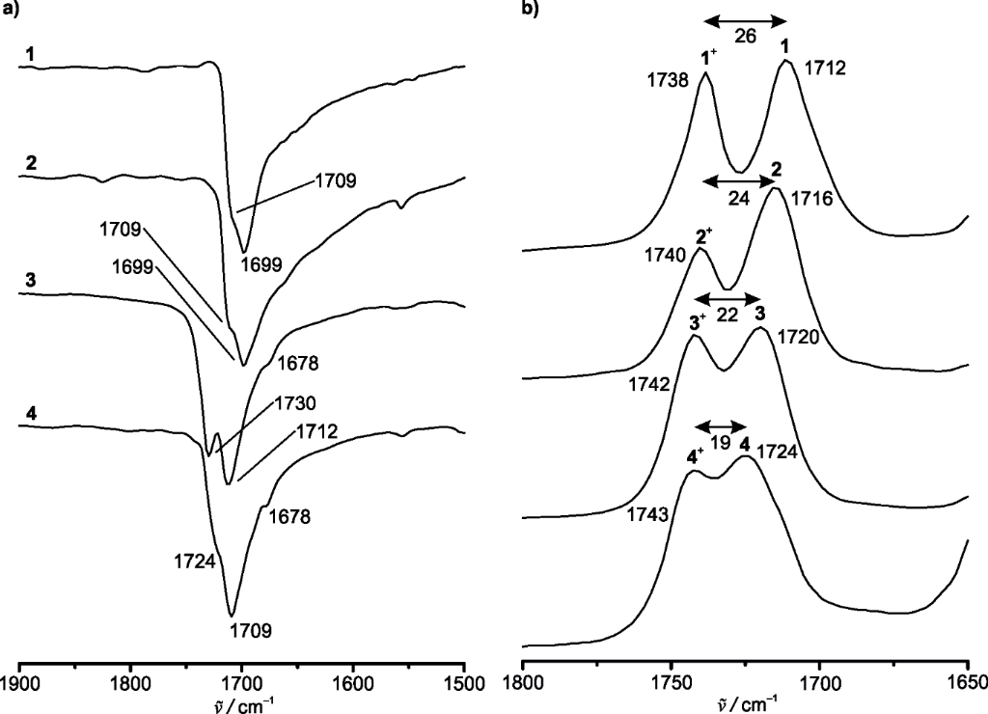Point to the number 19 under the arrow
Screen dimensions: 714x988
pos(721,444)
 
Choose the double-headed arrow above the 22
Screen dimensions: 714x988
pos(728,297)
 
